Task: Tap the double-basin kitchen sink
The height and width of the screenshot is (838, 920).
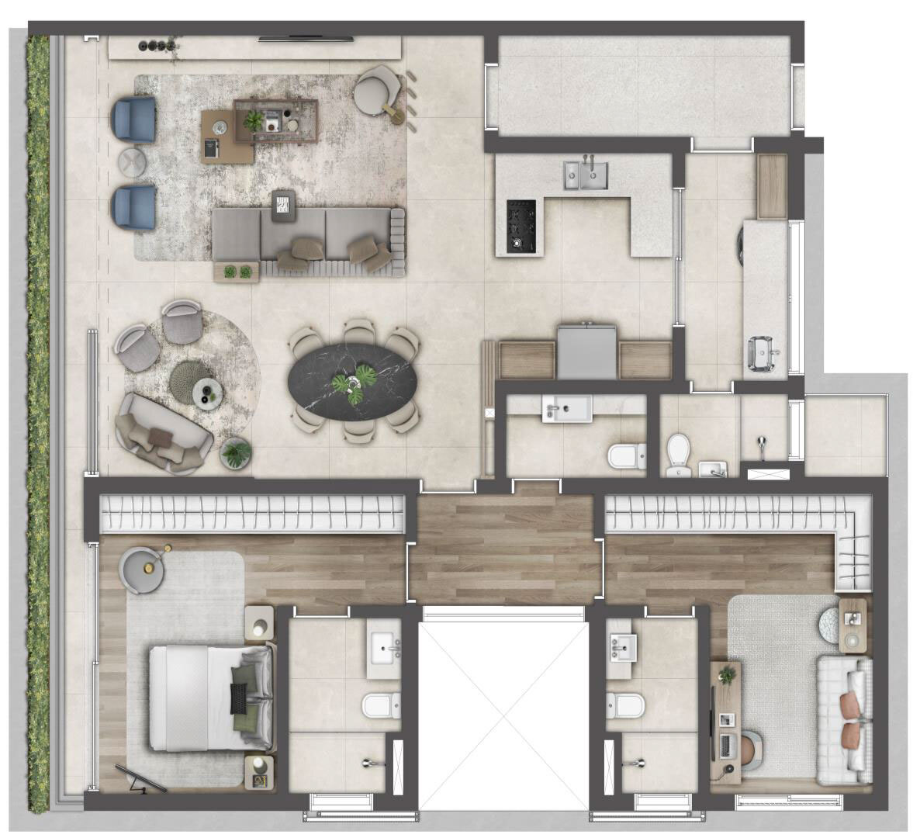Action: coord(586,175)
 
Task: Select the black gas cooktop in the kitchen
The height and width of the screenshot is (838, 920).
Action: coord(521,226)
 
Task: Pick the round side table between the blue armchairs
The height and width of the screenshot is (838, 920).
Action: coord(132,163)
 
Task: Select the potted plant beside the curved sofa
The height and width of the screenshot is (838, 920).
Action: coord(236,452)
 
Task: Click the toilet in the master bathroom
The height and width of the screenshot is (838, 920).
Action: coord(381,705)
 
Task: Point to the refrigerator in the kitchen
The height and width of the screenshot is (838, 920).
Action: coord(587,351)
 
